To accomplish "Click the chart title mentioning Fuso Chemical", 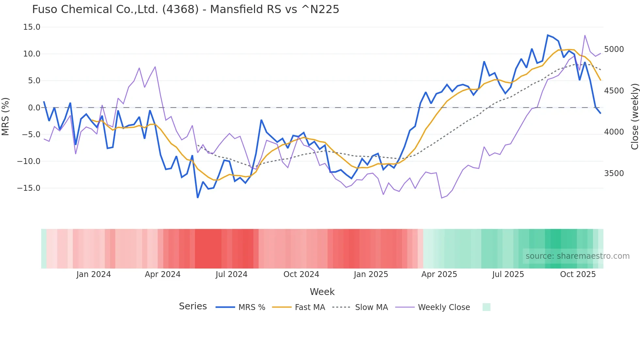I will pos(185,9).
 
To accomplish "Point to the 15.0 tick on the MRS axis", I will pos(32,27).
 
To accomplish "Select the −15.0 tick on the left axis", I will pos(29,188).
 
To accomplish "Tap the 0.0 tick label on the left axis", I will pos(34,108).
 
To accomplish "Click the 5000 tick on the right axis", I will pos(614,49).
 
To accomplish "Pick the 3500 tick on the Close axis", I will pos(614,173).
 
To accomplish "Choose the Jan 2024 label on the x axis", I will pos(94,274).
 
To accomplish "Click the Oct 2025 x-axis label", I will pos(578,274).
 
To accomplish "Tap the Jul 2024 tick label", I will pos(232,274).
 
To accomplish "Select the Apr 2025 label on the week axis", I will pos(439,274).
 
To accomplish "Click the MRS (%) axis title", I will pos(6,116).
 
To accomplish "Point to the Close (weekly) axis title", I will pos(634,116).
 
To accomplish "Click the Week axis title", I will pos(322,292).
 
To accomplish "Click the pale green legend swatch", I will pos(486,307).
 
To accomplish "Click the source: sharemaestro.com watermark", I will pos(577,256).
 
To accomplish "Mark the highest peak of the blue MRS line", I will pos(548,35).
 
